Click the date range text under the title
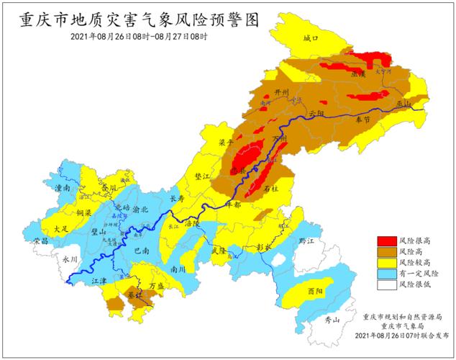[x=139, y=37]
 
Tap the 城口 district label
[x=310, y=37]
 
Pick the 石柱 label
[x=272, y=188]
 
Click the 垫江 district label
[x=204, y=176]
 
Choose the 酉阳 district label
[x=314, y=292]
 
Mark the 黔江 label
[x=308, y=240]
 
